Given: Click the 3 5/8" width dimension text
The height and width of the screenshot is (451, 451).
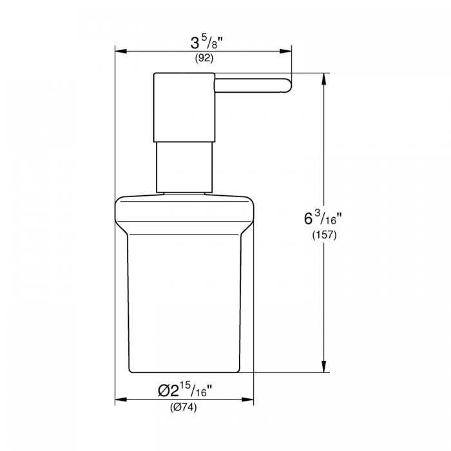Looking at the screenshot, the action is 207,43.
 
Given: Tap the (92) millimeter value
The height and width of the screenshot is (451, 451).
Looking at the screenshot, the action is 204,59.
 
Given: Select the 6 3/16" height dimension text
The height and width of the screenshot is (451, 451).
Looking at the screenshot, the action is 322,218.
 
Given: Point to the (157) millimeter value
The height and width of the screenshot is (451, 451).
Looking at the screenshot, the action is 325,235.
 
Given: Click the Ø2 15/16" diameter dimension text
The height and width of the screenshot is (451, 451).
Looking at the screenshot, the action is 185,390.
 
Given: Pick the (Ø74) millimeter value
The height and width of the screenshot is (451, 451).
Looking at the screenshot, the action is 184,407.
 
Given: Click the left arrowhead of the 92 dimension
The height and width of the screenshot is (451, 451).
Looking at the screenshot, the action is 121,51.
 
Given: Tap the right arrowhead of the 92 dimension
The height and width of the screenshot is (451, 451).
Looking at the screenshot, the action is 285,51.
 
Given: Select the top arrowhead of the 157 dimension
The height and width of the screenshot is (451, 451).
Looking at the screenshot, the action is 324,79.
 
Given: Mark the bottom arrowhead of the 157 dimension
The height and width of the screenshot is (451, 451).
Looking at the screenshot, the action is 324,367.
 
